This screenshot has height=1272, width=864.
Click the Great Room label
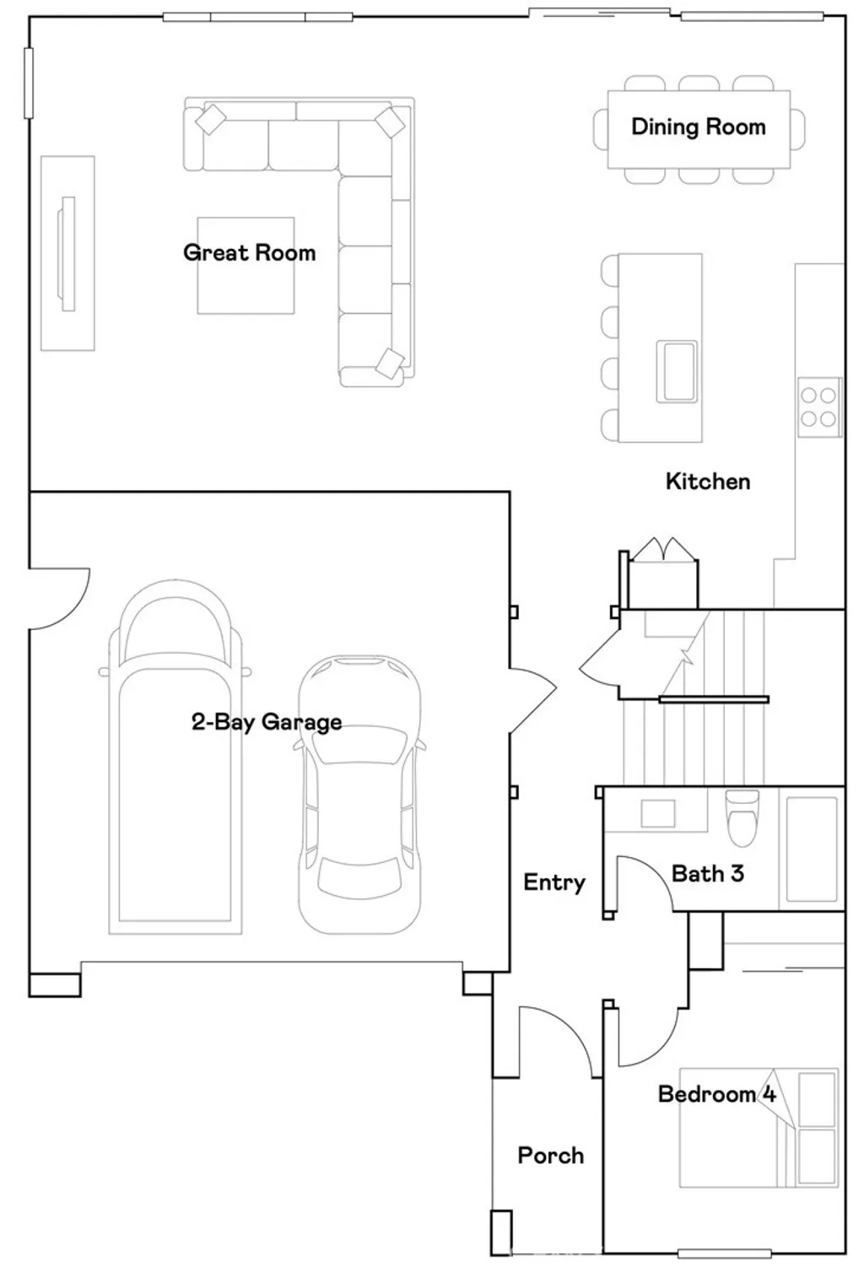pos(250,253)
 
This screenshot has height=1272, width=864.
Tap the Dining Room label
pos(698,127)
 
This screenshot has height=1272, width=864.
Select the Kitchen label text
pos(708,482)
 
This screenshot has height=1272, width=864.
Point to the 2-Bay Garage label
pos(267,722)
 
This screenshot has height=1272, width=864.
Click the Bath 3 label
pos(707,873)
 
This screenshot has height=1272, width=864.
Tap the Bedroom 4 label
pos(717,1094)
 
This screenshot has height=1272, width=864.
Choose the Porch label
pos(550,1156)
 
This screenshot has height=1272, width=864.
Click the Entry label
pos(553,882)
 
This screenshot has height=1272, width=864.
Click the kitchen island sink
pos(677,371)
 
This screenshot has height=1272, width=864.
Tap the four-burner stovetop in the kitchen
pos(818,407)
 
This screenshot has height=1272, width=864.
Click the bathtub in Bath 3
pos(812,849)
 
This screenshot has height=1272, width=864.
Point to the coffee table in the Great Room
pos(246,265)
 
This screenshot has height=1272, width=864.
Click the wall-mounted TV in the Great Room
pos(67,253)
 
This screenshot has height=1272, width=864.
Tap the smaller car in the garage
pos(360,795)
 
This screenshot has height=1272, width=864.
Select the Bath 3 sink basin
pos(658,813)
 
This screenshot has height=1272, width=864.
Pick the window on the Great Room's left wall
pos(28,83)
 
